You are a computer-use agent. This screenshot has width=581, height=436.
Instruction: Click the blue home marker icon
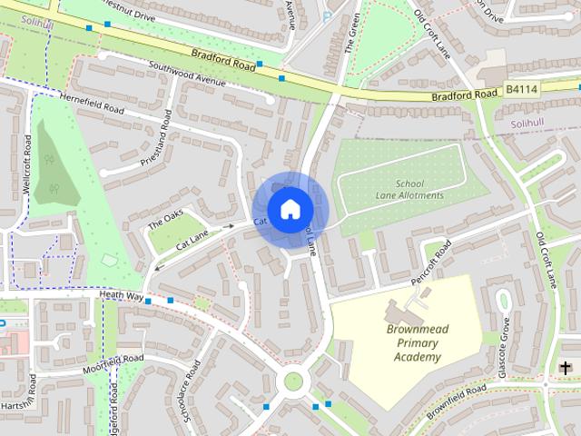290,209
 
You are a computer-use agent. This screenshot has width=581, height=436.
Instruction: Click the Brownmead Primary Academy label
418,343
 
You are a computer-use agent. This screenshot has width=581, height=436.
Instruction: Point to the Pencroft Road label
430,264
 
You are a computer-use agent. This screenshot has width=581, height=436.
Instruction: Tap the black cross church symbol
566,367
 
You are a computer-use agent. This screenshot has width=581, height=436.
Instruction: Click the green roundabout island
292,381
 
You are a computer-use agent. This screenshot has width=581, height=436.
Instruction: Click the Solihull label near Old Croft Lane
528,122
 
